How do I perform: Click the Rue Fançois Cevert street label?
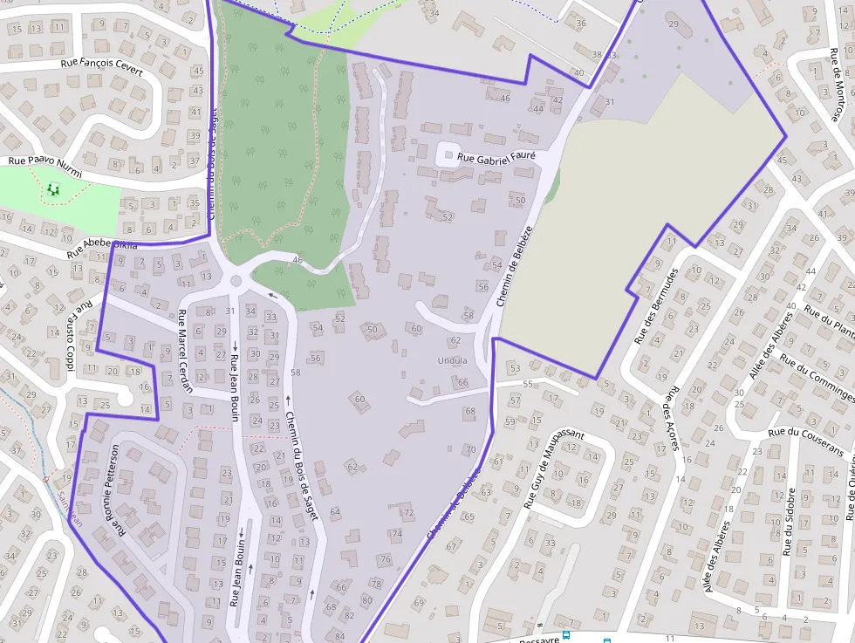pos(101,64)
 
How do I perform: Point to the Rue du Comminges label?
pos(817,373)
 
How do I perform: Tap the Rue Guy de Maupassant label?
pos(552,468)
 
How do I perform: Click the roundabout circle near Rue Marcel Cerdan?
pos(236,281)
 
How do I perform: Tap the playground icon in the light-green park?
pos(54,188)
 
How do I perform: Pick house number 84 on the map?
pos(339,636)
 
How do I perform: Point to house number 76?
pos(386,558)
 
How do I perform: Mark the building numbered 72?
pos(408,512)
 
